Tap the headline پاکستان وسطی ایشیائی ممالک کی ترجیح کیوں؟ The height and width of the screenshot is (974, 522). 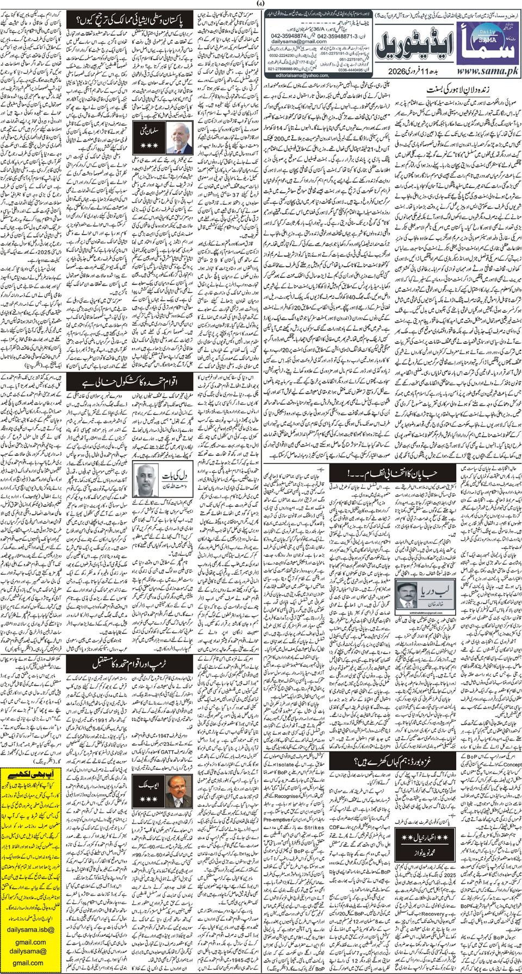coord(133,22)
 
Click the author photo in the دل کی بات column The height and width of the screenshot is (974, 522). coord(148,480)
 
